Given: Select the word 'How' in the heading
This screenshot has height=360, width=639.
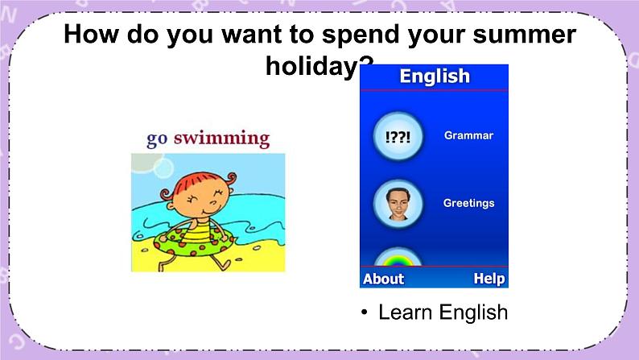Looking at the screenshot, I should click(91, 35).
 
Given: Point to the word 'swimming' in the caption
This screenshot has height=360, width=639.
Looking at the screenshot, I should click(222, 138).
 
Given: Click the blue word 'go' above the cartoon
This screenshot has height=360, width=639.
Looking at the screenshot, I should click(157, 139).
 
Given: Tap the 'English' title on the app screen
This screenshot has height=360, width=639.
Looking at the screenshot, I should click(435, 77).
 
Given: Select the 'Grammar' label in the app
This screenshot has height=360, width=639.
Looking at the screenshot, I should click(468, 135).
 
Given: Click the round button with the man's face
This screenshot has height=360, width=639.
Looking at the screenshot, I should click(397, 204).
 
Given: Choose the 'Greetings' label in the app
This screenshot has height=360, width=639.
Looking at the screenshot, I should click(468, 203).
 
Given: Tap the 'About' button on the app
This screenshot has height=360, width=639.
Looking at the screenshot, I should click(383, 279).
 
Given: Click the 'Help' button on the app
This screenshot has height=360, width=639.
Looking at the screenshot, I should click(489, 279).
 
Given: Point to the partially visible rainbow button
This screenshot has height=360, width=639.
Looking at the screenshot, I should click(397, 258).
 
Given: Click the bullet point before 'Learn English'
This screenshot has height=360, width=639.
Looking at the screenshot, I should click(365, 312).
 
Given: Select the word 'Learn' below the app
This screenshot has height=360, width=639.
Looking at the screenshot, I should click(405, 312).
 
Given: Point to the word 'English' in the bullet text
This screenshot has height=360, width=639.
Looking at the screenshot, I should click(473, 312).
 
